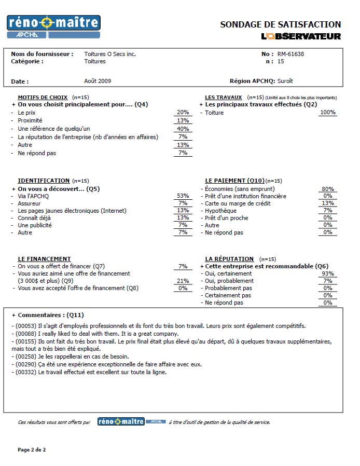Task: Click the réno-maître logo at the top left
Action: point(53,26)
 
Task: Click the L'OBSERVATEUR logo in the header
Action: point(301,36)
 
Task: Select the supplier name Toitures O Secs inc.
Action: point(110,54)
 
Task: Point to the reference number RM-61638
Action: point(291,54)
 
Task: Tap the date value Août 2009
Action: point(98,81)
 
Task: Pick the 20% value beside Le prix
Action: point(183,112)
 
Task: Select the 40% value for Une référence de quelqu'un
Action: point(183,129)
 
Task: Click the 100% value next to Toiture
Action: point(327,112)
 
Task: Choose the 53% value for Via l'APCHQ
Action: point(183,196)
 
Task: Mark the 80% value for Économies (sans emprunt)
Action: point(327,189)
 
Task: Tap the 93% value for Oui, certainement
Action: point(327,273)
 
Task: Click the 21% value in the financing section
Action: point(183,281)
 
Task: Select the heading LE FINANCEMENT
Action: point(44,259)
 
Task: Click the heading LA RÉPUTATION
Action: point(229,259)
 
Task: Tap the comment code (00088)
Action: point(25,334)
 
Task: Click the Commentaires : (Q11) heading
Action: point(50,315)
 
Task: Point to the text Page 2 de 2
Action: point(32,449)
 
